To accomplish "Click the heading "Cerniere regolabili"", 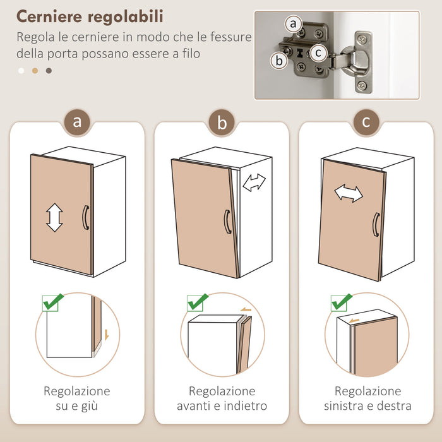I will (90, 16).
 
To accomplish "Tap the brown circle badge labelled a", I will (77, 122).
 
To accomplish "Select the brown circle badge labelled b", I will (222, 122).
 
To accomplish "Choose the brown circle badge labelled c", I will (366, 121).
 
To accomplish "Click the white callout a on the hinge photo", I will (292, 25).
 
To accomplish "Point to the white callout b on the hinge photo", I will (278, 61).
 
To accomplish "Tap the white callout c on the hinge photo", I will (319, 53).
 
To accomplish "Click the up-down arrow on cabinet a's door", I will (55, 217).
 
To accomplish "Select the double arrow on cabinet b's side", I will (254, 183).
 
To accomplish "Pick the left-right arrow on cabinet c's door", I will (349, 193).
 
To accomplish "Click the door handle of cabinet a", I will (86, 217).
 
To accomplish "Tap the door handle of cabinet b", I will (227, 222).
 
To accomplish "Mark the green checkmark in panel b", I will (197, 302).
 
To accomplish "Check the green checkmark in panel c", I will (342, 302).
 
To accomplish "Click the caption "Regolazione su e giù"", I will (77, 398).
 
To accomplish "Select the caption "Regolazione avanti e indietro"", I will (222, 398).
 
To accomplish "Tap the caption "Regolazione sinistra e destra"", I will (367, 398).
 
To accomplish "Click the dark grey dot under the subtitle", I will (49, 71).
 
